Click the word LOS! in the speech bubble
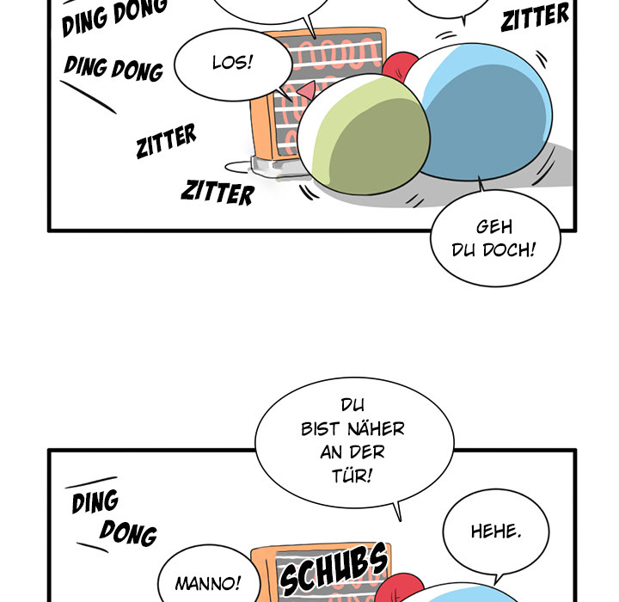(232, 63)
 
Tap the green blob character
(364, 134)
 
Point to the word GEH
(494, 227)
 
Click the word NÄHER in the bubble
(376, 428)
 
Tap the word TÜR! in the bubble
(352, 476)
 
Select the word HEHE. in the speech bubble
(496, 531)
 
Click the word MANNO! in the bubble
(208, 583)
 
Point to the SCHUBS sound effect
(334, 568)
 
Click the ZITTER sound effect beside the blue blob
(535, 16)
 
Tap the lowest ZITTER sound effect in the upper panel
(218, 193)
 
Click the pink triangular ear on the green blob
(306, 90)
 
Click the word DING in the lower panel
(95, 501)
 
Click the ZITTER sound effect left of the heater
(166, 141)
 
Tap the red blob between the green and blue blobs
(399, 67)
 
